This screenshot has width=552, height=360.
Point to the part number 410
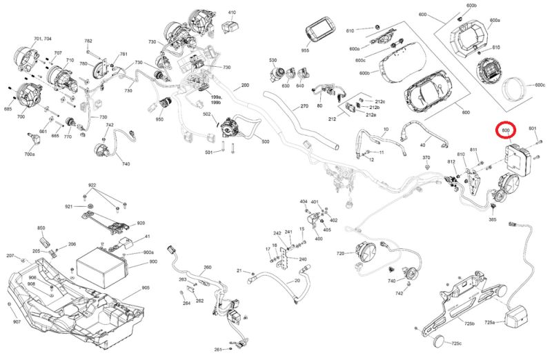[232, 13]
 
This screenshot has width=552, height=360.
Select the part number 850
[41, 228]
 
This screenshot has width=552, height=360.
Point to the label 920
[141, 223]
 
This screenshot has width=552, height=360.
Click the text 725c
[456, 343]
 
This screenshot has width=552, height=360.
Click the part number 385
[492, 219]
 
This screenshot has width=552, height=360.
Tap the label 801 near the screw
[533, 129]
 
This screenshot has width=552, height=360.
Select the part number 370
[426, 158]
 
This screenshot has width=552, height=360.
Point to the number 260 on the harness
[207, 267]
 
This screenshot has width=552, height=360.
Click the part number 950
[159, 120]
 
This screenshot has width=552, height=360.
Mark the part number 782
[88, 41]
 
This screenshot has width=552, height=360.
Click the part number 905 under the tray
[146, 287]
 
